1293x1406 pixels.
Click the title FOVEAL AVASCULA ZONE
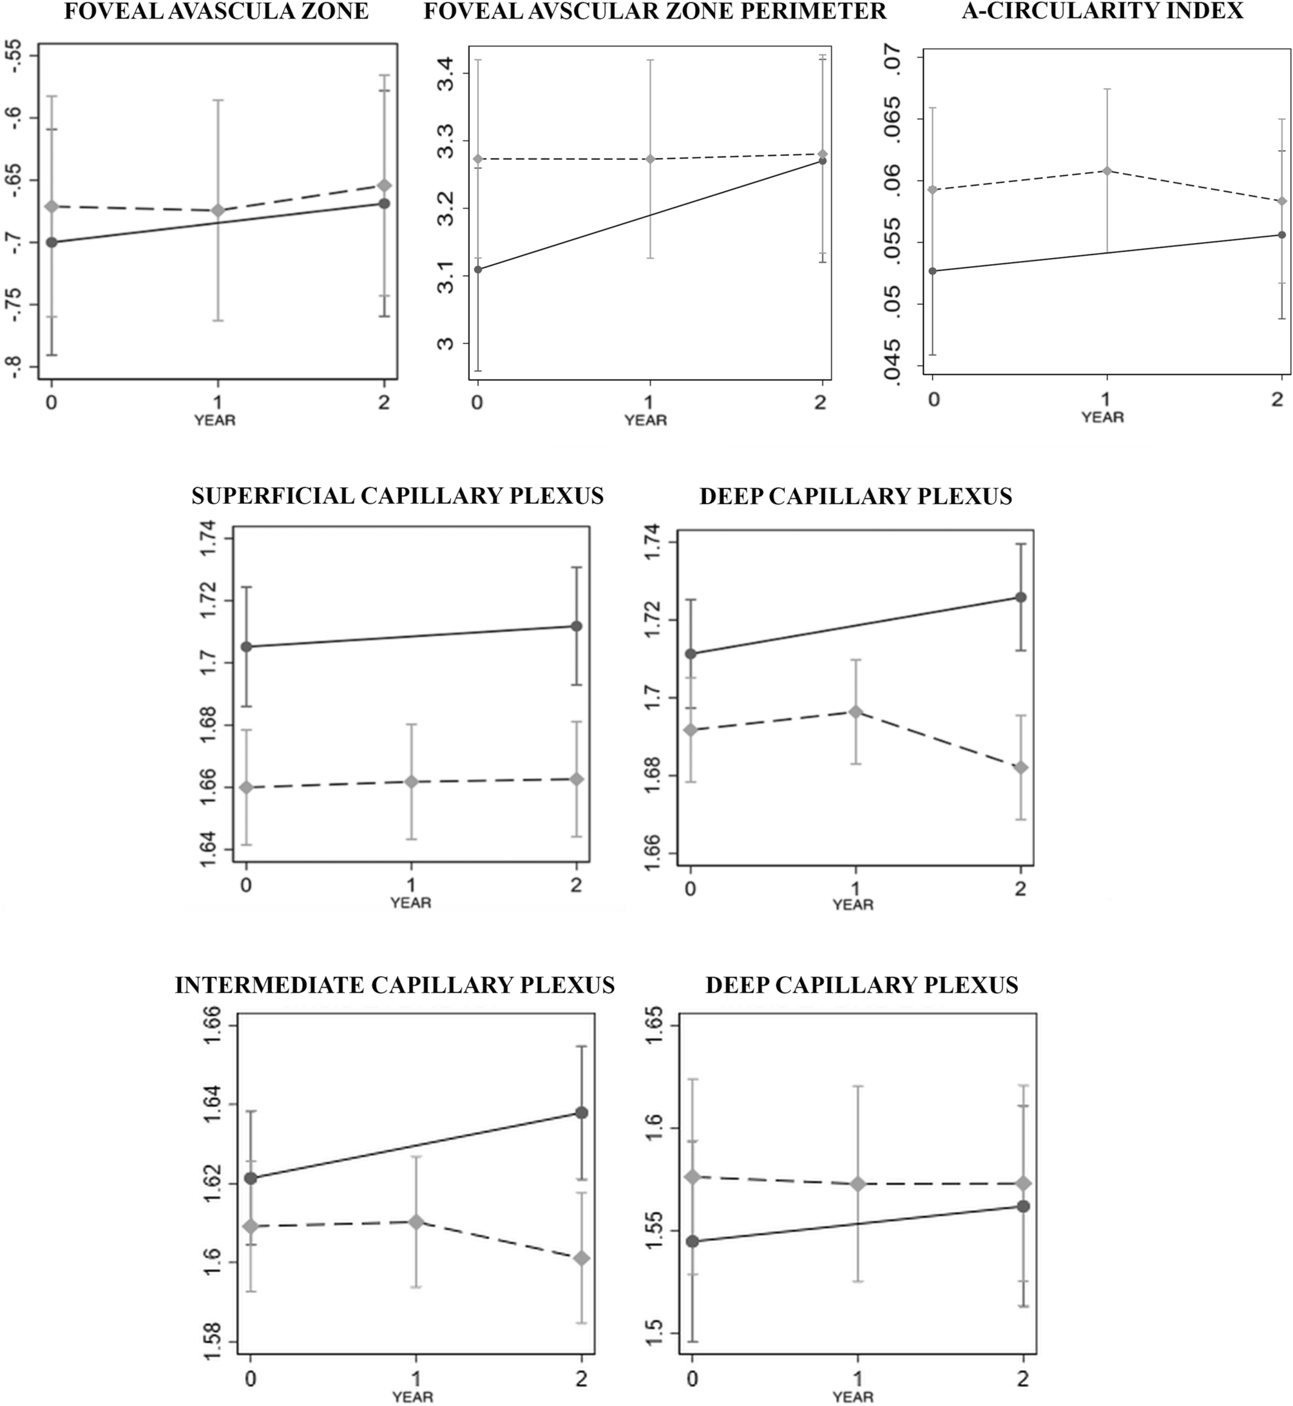[x=216, y=12]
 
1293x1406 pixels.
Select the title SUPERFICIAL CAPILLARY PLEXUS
[x=397, y=496]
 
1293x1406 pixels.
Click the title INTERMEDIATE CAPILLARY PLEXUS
[x=395, y=985]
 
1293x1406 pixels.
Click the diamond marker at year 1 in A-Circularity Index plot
[x=1107, y=171]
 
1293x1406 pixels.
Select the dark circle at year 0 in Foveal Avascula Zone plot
[x=51, y=242]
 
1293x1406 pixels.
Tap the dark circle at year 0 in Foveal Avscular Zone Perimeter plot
[x=478, y=269]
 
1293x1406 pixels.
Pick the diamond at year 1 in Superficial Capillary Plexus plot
[x=412, y=781]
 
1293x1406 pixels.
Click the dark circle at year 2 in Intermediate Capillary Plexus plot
[x=580, y=1113]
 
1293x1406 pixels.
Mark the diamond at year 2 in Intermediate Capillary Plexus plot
[x=580, y=1258]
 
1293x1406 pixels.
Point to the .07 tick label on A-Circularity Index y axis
[x=894, y=64]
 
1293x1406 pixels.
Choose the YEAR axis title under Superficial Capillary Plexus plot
[x=411, y=903]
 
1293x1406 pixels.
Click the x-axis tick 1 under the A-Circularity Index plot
[x=1106, y=399]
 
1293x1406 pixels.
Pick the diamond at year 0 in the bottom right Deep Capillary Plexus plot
[x=693, y=1177]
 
